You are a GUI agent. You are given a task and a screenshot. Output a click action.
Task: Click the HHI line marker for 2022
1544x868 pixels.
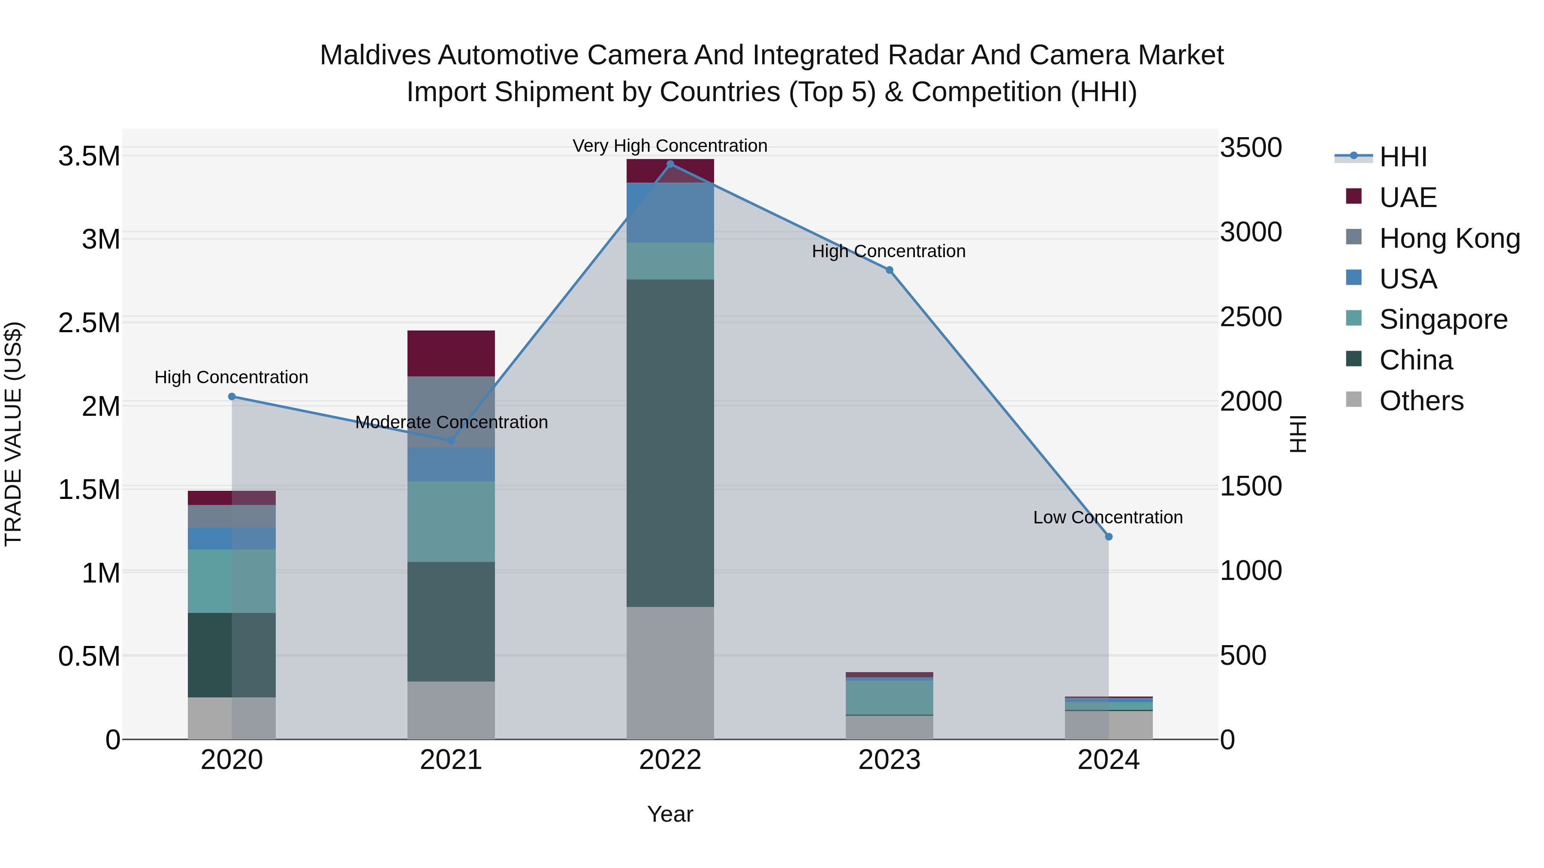(x=670, y=164)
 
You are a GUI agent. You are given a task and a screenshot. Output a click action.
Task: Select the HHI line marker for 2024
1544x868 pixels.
(x=1108, y=537)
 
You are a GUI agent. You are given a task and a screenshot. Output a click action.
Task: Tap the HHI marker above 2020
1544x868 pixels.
(x=232, y=396)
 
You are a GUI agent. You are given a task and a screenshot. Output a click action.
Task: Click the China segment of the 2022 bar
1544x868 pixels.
(x=670, y=443)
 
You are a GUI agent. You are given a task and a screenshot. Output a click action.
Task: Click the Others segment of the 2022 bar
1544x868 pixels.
(x=670, y=673)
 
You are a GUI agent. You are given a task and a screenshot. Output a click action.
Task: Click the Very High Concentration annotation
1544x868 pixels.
(x=669, y=146)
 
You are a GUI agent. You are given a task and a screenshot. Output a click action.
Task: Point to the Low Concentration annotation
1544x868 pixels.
(x=1108, y=517)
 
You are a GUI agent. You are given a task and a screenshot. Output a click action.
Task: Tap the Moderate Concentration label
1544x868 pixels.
(x=451, y=422)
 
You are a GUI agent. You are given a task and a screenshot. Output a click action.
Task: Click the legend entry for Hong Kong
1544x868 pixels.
(x=1449, y=238)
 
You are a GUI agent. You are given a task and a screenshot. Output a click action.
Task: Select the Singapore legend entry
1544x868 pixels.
(x=1443, y=319)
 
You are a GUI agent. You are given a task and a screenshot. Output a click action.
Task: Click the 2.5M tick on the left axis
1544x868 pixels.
(x=89, y=323)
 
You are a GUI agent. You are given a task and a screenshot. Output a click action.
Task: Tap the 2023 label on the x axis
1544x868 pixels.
(x=889, y=760)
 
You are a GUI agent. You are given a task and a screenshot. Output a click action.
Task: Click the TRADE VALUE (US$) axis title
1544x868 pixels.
(x=13, y=434)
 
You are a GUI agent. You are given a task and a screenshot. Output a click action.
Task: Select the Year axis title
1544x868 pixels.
(x=670, y=814)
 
